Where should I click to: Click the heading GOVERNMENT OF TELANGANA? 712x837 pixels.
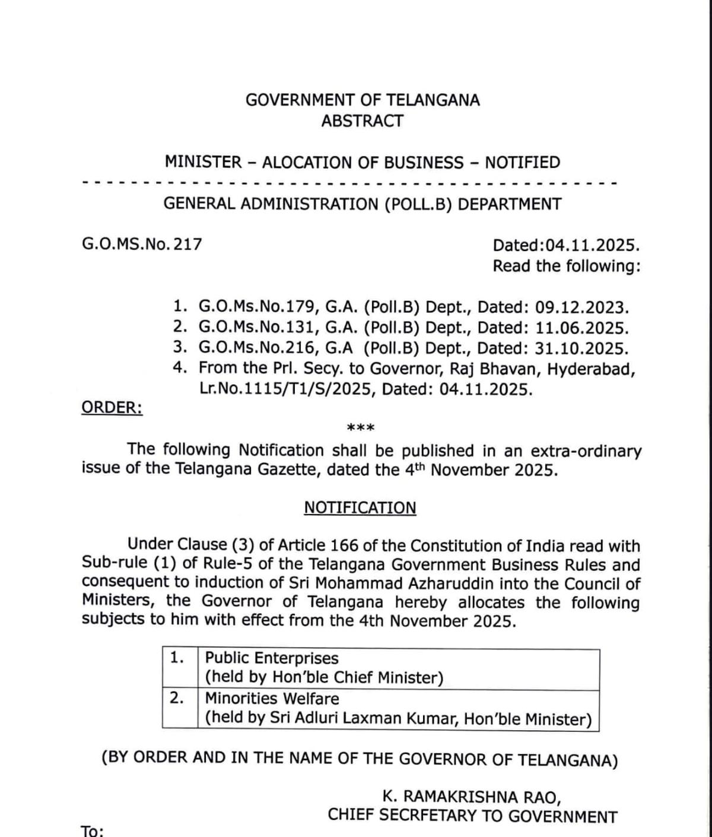[363, 100]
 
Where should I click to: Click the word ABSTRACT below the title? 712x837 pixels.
[362, 121]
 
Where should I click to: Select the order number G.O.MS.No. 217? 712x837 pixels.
[142, 244]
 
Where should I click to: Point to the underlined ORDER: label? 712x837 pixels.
[112, 408]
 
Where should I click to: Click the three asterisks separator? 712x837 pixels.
[360, 428]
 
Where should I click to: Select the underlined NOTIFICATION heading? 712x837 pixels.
[360, 508]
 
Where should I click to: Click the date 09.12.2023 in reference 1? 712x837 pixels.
[581, 307]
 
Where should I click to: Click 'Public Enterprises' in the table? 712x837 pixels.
[271, 658]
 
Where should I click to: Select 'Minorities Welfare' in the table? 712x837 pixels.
[272, 699]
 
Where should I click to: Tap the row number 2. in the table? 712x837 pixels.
[177, 697]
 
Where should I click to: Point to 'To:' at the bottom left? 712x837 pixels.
[93, 830]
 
